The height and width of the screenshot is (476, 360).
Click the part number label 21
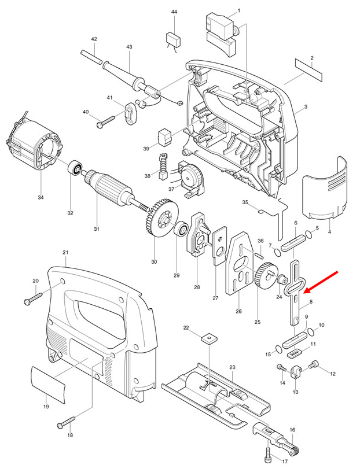[x=65, y=253]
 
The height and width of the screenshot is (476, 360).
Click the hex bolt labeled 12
[x=315, y=364]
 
